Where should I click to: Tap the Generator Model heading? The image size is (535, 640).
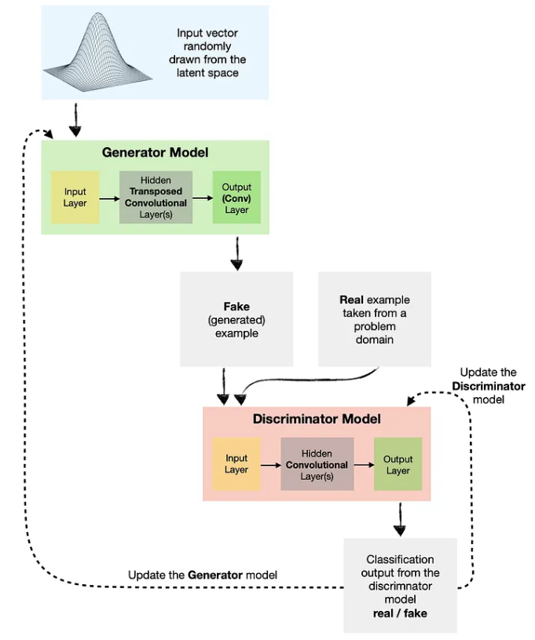(155, 152)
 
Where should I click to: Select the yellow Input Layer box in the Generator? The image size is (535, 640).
(75, 197)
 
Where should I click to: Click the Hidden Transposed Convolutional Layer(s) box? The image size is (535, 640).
(156, 197)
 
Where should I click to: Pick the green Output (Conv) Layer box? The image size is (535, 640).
(236, 197)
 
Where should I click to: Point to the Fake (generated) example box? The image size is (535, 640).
(236, 318)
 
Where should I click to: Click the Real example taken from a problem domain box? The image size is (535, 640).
(374, 318)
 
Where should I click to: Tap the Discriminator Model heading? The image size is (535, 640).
(317, 418)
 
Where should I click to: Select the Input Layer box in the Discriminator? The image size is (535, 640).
(236, 464)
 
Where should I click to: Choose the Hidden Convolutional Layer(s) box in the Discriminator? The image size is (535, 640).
(317, 464)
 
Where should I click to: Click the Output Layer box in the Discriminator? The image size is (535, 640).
(398, 464)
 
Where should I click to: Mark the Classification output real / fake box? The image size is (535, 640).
(400, 585)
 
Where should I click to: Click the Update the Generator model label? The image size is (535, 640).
(203, 575)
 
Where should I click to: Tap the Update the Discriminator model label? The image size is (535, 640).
(488, 385)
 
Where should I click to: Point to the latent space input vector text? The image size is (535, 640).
(207, 53)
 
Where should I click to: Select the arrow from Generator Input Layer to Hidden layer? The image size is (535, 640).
(109, 197)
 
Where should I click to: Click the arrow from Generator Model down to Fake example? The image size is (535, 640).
(236, 253)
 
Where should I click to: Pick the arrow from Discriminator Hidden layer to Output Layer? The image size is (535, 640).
(363, 465)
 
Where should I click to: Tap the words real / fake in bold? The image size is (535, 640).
(400, 612)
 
